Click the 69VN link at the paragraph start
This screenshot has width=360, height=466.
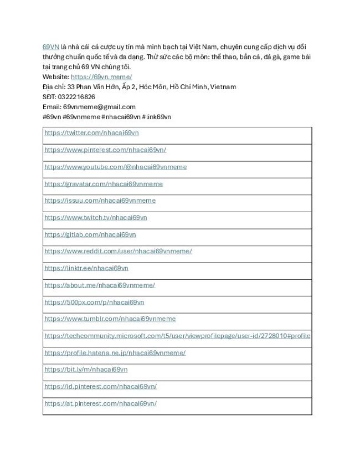click(50, 48)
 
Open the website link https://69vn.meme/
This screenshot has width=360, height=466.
click(101, 76)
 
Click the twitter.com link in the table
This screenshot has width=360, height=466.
click(91, 133)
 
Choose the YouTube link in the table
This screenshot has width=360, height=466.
click(115, 167)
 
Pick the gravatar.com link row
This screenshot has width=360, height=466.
click(104, 184)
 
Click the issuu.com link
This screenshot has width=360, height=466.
click(100, 201)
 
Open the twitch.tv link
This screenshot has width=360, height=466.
click(95, 218)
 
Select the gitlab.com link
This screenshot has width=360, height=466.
click(90, 234)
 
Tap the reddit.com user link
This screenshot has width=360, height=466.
click(118, 251)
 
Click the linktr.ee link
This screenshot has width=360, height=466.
click(86, 268)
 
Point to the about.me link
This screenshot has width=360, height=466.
click(100, 285)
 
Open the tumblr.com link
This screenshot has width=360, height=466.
click(110, 319)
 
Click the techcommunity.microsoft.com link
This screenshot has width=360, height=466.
click(177, 336)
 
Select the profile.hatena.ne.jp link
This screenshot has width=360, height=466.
click(115, 352)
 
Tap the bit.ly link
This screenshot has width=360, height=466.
click(86, 370)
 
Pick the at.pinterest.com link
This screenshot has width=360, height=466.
click(100, 403)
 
